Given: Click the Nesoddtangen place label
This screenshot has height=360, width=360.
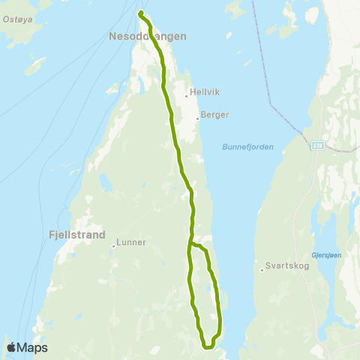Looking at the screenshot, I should click(x=148, y=35).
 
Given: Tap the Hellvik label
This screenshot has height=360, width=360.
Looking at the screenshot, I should click(x=203, y=95).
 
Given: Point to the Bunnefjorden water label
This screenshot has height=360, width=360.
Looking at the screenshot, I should click(x=247, y=147).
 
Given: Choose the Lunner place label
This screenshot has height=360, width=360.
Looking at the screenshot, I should click(x=132, y=243).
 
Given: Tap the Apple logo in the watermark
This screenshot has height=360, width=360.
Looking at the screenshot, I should click(x=11, y=347).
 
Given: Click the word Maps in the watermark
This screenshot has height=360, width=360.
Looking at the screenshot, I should click(x=33, y=348).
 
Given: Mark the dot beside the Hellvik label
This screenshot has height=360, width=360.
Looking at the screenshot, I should click(x=186, y=95).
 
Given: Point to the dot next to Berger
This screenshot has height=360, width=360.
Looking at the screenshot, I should click(x=197, y=118).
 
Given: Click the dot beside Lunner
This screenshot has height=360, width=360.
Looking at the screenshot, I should click(x=113, y=245).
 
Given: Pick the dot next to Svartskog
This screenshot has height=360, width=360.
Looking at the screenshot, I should click(x=261, y=268).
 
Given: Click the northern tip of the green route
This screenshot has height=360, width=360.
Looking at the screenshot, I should click(x=140, y=13).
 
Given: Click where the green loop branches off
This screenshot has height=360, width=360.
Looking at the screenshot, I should click(x=192, y=244).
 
